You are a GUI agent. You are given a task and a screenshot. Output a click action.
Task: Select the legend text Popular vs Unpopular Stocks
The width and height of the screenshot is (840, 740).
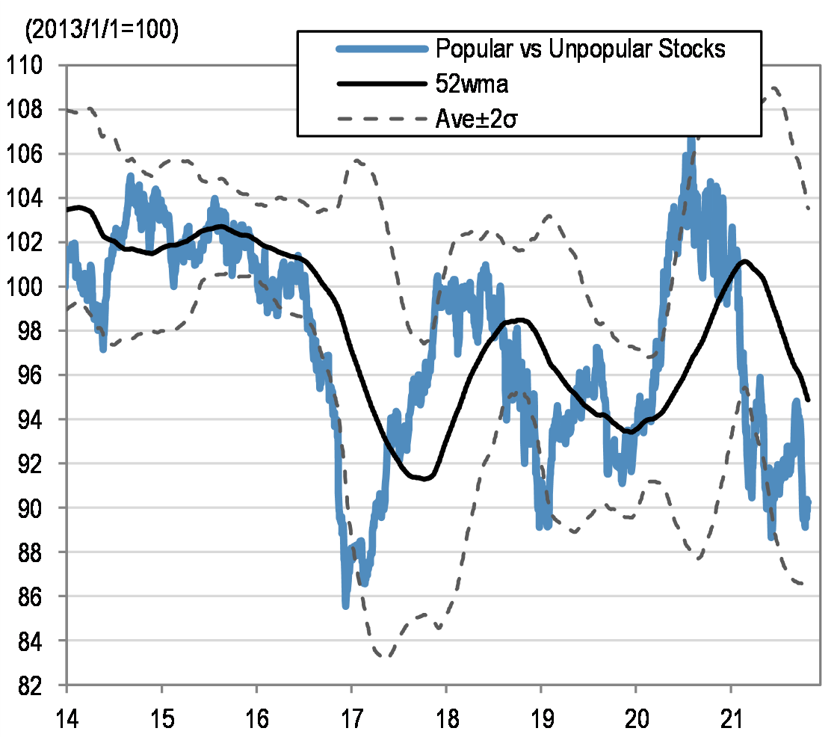click(580, 50)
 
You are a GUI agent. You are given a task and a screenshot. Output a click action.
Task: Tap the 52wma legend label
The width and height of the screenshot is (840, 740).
click(472, 84)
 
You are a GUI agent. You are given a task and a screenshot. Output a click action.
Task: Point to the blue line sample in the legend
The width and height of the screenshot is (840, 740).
click(382, 50)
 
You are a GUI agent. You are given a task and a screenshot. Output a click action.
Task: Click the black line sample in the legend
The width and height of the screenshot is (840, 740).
click(382, 84)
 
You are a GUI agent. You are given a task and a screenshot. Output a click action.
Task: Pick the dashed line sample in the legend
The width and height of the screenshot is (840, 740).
click(382, 118)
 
